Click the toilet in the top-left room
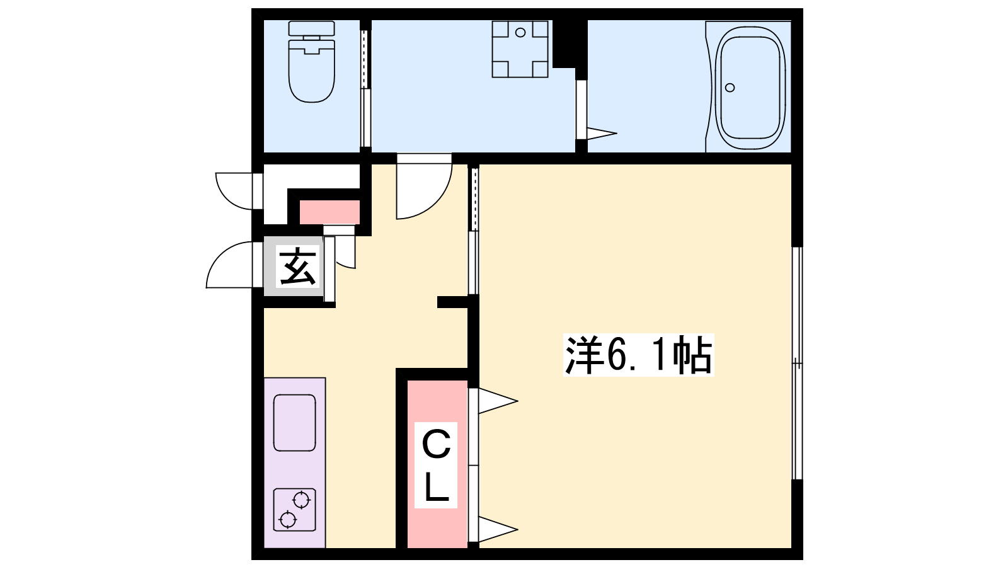[x=311, y=62]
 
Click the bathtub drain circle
[x=730, y=88]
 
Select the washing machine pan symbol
[x=520, y=49]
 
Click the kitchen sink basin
[x=294, y=423]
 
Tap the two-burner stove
[x=294, y=510]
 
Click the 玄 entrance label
[x=297, y=267]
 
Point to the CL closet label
[x=435, y=466]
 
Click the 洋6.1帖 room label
[x=639, y=355]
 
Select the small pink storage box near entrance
[x=330, y=212]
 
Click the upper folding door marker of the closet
[x=497, y=401]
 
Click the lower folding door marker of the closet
[x=497, y=529]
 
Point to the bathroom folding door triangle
[x=601, y=133]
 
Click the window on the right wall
[x=798, y=363]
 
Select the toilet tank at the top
[x=311, y=29]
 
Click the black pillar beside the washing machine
[x=570, y=44]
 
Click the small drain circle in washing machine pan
[x=520, y=32]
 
